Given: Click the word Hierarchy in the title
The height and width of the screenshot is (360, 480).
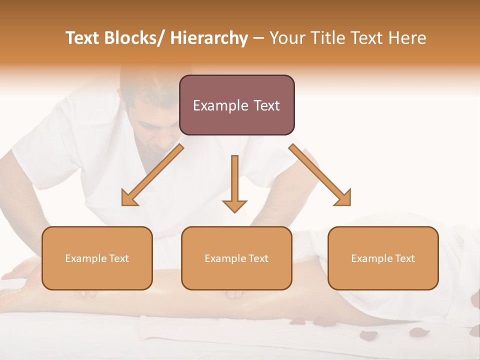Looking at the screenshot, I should [209, 38].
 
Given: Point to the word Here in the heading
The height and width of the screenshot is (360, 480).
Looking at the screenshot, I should [408, 38].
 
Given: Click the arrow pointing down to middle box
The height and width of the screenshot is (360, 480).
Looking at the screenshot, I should [234, 180].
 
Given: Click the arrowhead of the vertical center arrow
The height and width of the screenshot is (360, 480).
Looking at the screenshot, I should [234, 205].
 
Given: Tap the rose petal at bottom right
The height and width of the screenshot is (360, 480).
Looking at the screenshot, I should [419, 332].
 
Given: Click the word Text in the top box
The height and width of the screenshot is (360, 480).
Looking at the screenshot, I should [263, 105].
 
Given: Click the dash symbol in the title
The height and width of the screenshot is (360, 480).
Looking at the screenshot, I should [258, 38].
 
